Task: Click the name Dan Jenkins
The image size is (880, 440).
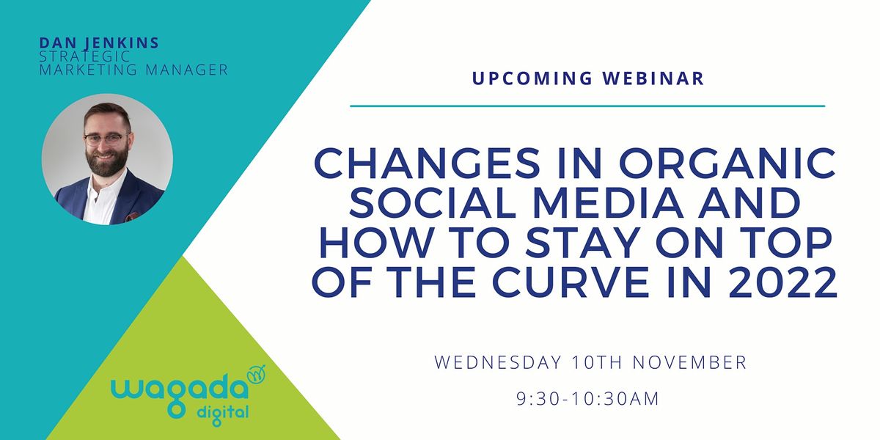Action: [99, 43]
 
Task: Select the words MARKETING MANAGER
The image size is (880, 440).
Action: [134, 70]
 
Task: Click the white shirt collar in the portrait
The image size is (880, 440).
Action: [103, 192]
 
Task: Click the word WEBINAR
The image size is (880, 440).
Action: [658, 78]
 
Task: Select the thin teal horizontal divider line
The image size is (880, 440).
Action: [587, 106]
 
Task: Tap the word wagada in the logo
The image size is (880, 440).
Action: [179, 386]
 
